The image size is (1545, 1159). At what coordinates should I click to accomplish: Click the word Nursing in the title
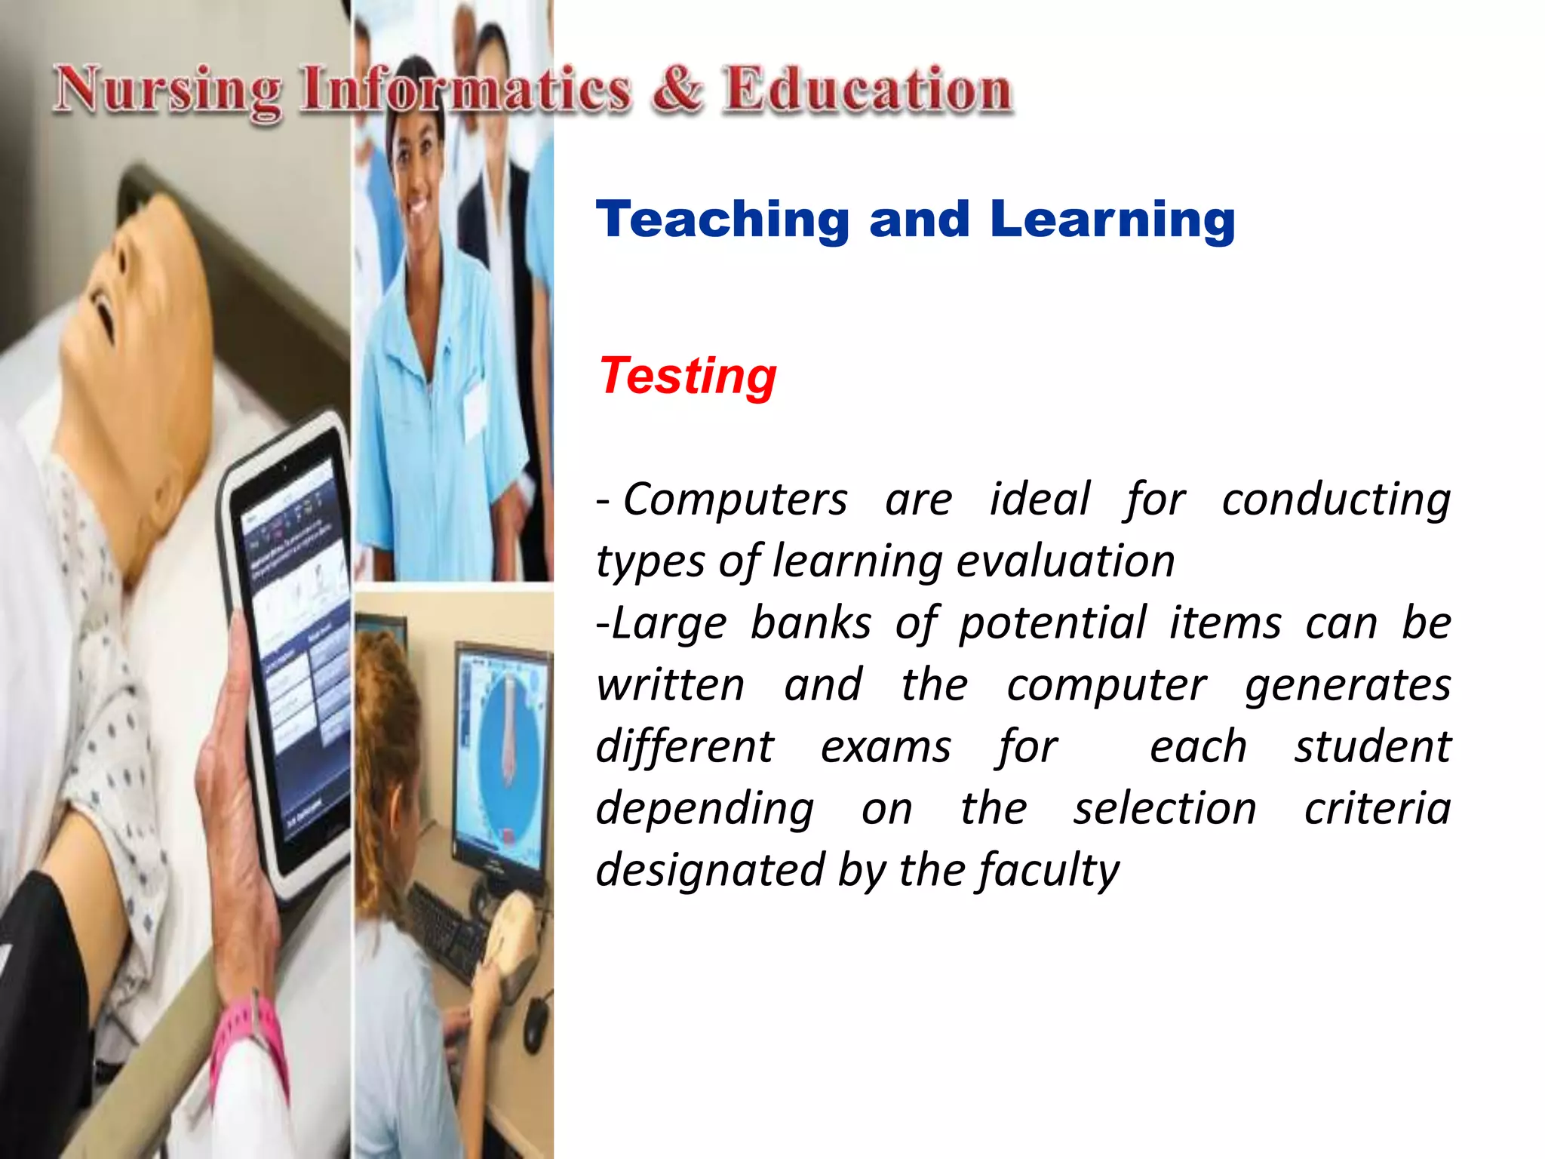pos(167,91)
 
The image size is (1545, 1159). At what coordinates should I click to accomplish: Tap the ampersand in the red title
pos(677,90)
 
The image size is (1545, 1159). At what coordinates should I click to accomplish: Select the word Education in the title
pos(868,90)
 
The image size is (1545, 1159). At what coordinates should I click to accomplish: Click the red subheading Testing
pos(687,376)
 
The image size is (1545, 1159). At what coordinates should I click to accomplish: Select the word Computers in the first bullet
pos(736,500)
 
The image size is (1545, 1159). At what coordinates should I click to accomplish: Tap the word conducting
pos(1336,500)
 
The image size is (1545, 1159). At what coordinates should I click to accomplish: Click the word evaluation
pos(1066,561)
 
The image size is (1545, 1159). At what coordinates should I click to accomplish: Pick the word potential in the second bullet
pos(1052,623)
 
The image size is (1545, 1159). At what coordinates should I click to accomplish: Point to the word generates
pos(1347,685)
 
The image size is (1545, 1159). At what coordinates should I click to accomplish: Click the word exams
pos(886,747)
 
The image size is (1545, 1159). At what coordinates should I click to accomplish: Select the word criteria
pos(1378,809)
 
